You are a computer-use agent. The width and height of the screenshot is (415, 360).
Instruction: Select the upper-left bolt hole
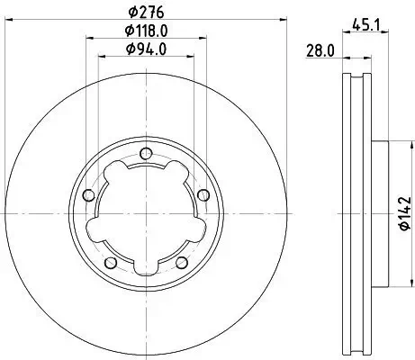pyautogui.click(x=87, y=195)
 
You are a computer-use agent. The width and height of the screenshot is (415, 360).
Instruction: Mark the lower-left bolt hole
pyautogui.click(x=109, y=262)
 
